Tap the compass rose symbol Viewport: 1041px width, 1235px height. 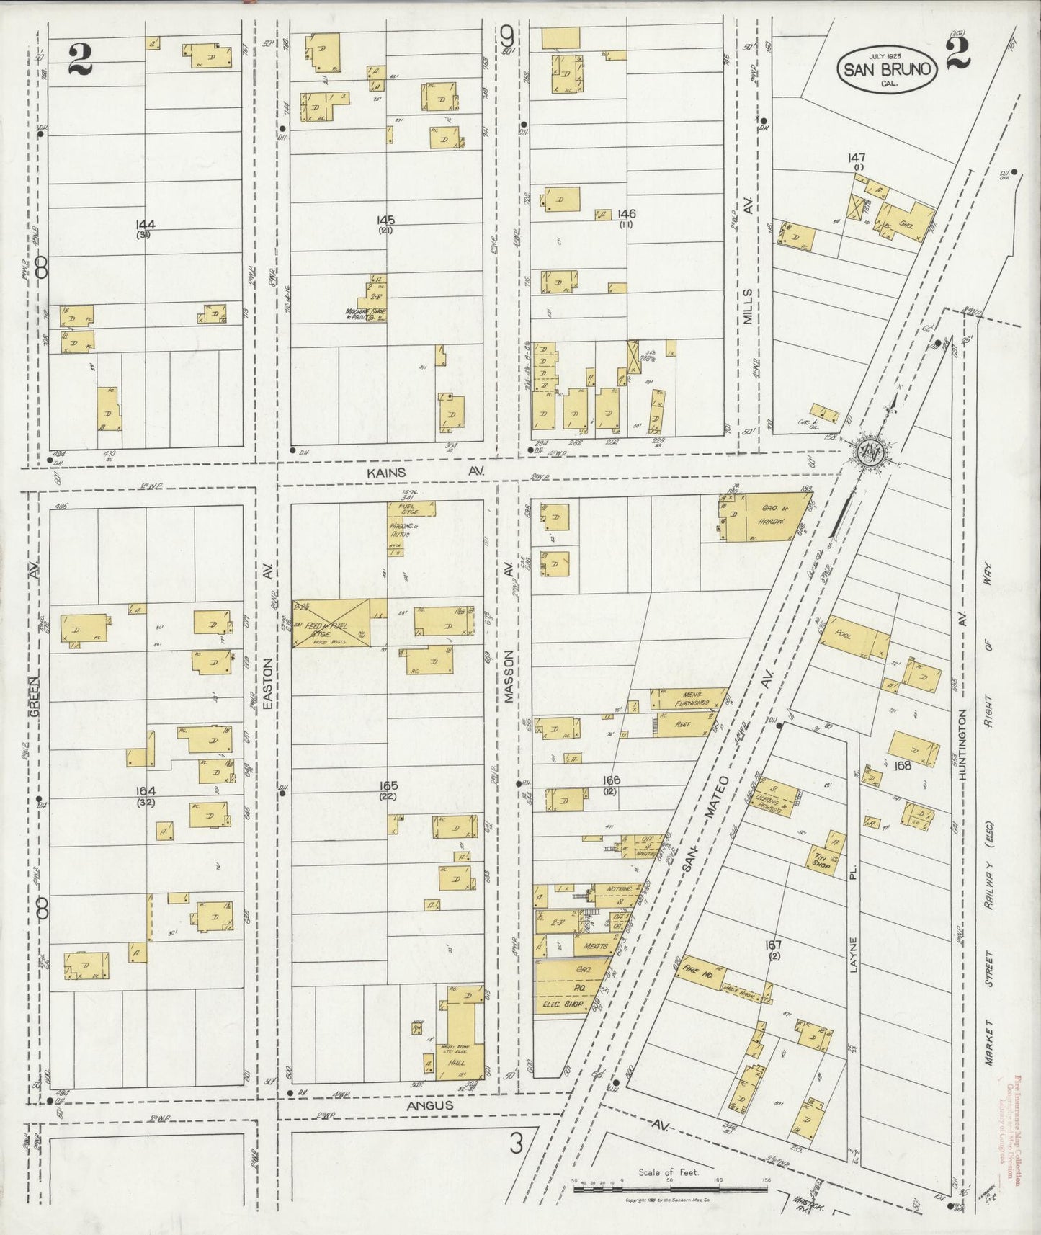click(x=871, y=452)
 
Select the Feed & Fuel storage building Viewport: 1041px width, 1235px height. click(x=331, y=623)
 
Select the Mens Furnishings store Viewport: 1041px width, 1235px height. click(x=689, y=699)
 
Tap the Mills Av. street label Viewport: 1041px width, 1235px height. click(x=749, y=290)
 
